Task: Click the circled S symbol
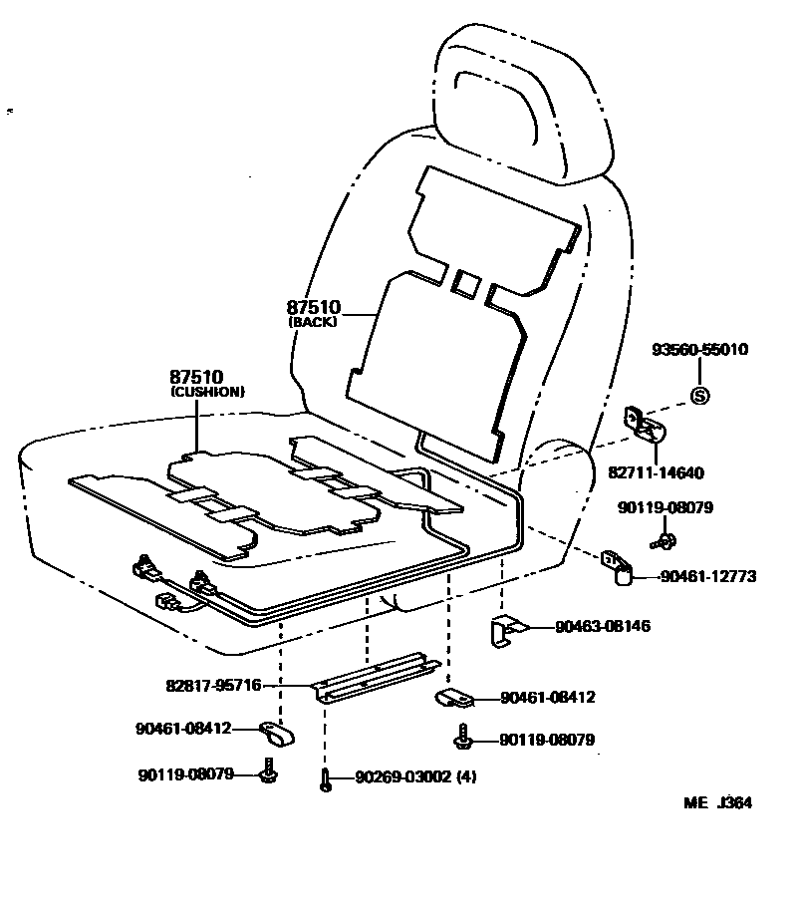click(x=699, y=396)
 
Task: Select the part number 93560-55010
click(x=699, y=350)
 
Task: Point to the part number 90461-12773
click(x=706, y=576)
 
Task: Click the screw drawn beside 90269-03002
click(x=326, y=780)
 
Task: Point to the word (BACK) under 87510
click(x=313, y=322)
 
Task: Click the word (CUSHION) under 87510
click(x=207, y=392)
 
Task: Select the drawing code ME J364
click(x=717, y=803)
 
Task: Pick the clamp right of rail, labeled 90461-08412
click(x=453, y=698)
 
